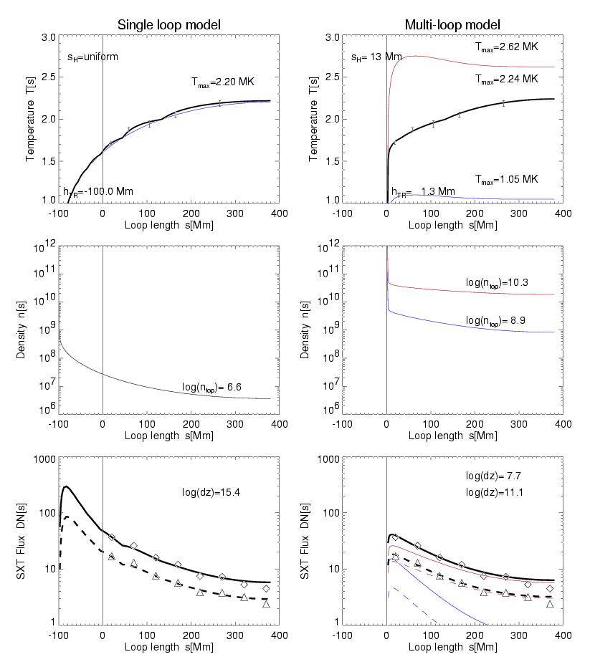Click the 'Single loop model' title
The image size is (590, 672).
click(168, 25)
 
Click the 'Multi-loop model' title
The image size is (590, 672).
click(452, 25)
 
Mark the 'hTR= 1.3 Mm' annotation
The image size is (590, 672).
click(423, 191)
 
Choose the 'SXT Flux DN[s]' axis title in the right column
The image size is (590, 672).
click(316, 540)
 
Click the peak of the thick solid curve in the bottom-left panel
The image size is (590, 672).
click(67, 487)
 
